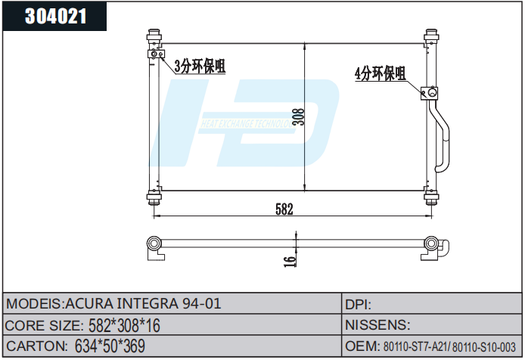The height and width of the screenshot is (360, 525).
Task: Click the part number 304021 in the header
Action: pyautogui.click(x=57, y=17)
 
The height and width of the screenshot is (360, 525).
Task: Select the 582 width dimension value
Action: pyautogui.click(x=284, y=209)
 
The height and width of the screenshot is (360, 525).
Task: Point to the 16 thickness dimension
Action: pyautogui.click(x=288, y=260)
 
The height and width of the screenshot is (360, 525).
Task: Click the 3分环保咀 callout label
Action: pyautogui.click(x=200, y=66)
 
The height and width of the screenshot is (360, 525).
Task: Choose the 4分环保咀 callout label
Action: pyautogui.click(x=380, y=73)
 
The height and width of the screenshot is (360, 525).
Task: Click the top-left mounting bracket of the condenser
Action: pyautogui.click(x=154, y=35)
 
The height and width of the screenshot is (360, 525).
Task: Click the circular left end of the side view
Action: pyautogui.click(x=154, y=243)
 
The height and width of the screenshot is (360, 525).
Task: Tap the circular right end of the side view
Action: pyautogui.click(x=432, y=243)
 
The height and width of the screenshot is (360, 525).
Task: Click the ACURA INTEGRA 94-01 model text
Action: pyautogui.click(x=144, y=304)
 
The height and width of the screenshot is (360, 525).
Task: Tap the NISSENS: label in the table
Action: pyautogui.click(x=377, y=326)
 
